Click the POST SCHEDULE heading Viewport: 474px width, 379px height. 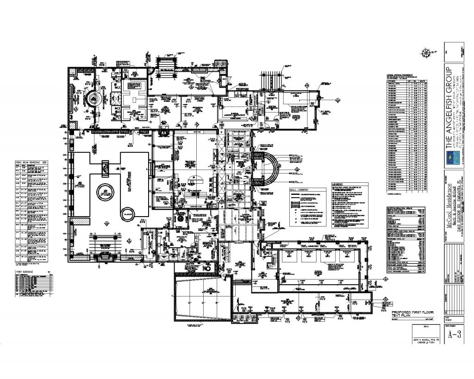pyautogui.click(x=23, y=272)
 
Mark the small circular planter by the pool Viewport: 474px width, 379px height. pyautogui.click(x=127, y=214)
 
